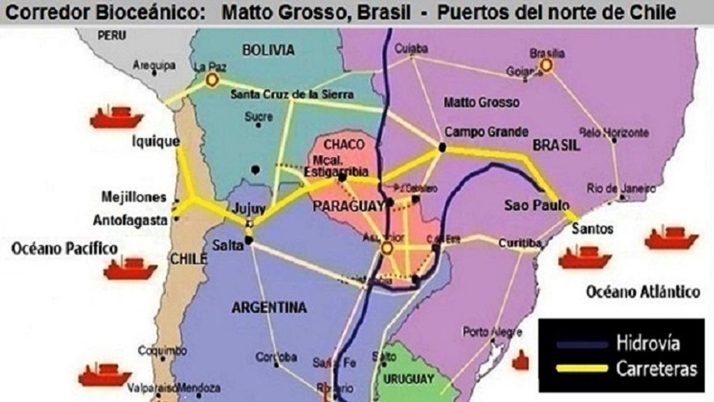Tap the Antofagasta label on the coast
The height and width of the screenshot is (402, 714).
(131, 220)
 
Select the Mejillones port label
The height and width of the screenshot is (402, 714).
(134, 196)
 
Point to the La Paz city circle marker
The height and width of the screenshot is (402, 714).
(211, 82)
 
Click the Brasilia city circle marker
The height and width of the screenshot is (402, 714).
(547, 65)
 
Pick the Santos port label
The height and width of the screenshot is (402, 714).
(592, 229)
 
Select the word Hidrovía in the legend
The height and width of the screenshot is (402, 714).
(648, 343)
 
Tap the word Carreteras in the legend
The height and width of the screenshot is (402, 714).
(655, 369)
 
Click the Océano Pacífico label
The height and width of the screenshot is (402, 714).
(64, 247)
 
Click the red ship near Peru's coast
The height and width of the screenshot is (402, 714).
(116, 117)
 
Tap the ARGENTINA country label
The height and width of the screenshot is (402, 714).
(269, 307)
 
